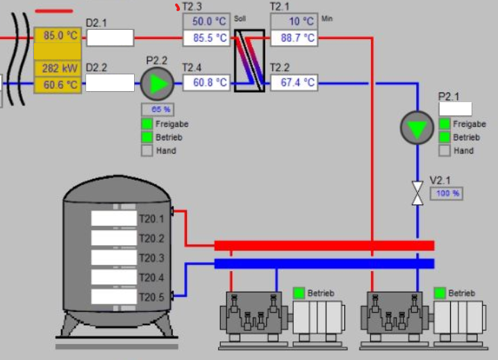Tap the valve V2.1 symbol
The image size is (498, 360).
pos(417,193)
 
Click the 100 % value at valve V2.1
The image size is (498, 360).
pos(448,193)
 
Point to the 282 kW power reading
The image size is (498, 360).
pos(58,68)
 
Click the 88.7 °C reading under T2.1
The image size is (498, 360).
pos(294,38)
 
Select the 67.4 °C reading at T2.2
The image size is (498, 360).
pos(294,83)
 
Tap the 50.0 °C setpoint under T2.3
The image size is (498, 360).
pos(206,22)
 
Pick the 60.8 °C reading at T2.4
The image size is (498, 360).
pos(206,83)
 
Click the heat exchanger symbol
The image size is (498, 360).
pos(249,60)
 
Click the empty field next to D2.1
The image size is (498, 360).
pos(110,38)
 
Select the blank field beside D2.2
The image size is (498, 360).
pos(110,83)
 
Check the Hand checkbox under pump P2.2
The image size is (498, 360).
pos(147,150)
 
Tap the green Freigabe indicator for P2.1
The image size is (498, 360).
pos(445,124)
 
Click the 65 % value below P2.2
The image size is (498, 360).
pos(156,109)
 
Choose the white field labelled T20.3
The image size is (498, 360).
pos(114,258)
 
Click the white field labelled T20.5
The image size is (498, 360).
pos(114,297)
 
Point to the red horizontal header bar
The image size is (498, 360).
pos(324,245)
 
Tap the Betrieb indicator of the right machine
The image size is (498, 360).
pos(440,293)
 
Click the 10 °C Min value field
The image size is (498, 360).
pos(294,22)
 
